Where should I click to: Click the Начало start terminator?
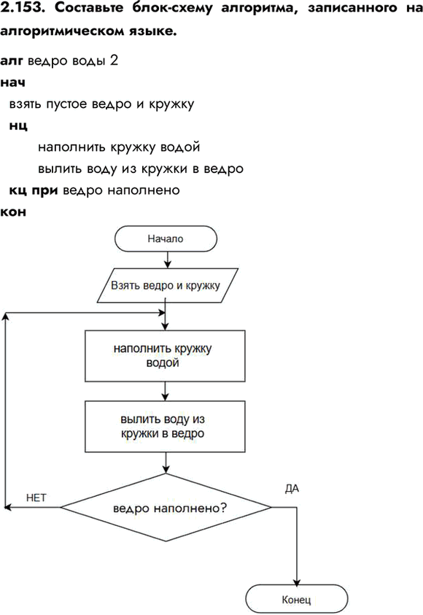[x=166, y=239]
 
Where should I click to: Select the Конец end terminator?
[x=296, y=599]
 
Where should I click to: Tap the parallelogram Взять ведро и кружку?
[x=168, y=285]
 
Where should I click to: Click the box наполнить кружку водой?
[x=165, y=356]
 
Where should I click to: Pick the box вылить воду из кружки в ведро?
[x=165, y=426]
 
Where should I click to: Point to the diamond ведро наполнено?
[x=166, y=508]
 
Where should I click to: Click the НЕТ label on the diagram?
[x=36, y=498]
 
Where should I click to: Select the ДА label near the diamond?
[x=292, y=489]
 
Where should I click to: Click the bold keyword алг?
[x=12, y=61]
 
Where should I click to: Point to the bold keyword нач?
[x=13, y=82]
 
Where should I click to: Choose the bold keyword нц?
[x=18, y=126]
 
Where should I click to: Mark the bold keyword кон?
[x=13, y=212]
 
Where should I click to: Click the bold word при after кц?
[x=44, y=190]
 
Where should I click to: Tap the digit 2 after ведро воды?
[x=114, y=61]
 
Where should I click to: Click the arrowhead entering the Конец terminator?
[x=297, y=581]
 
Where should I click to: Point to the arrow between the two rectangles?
[x=165, y=391]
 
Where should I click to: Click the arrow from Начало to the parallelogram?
[x=168, y=260]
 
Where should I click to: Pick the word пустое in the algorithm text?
[x=66, y=105]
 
